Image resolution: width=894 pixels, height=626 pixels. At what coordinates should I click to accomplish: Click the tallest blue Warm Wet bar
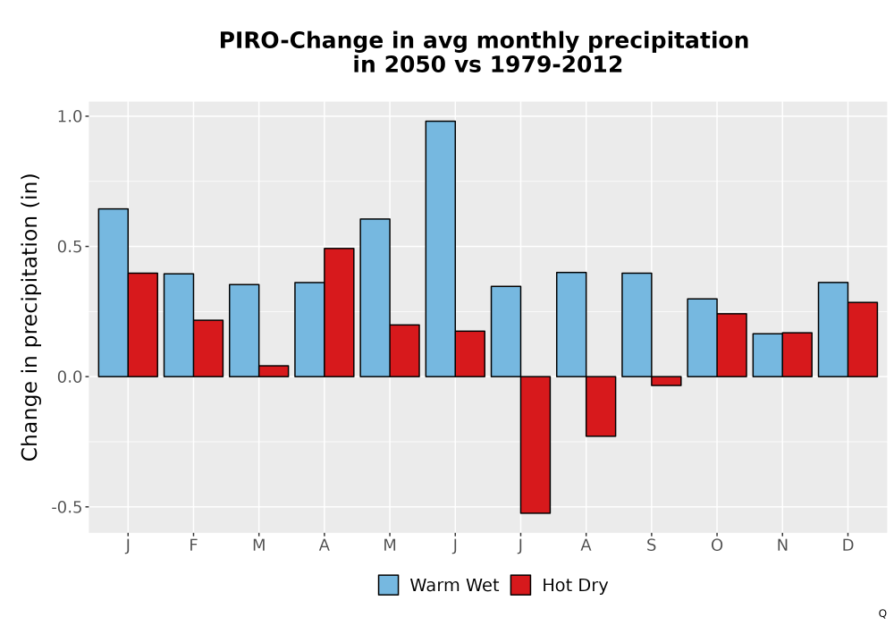(440, 249)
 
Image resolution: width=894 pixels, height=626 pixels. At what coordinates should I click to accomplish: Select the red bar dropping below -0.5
(536, 444)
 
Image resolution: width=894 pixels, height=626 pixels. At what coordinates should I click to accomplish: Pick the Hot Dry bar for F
(208, 349)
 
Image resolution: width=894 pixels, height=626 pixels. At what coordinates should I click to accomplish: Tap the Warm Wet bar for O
(702, 337)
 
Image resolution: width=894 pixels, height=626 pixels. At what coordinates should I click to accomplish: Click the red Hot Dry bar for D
(863, 339)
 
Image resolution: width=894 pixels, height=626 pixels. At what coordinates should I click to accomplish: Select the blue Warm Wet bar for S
(637, 325)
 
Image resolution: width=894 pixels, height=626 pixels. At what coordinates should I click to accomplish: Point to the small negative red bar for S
(666, 381)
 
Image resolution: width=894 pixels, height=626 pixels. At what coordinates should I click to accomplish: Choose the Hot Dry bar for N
(797, 355)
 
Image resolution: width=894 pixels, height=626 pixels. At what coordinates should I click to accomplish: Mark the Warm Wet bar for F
(179, 325)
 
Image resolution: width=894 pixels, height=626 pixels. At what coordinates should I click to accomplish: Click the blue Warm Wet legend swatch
(388, 585)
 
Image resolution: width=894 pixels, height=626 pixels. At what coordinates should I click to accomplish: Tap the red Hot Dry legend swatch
(520, 585)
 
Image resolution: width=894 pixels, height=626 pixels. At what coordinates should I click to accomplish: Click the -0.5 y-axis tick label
(67, 507)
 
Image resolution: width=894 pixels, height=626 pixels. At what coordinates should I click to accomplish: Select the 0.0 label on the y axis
(70, 376)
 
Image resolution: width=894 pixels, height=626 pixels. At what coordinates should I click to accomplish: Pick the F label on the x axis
(193, 546)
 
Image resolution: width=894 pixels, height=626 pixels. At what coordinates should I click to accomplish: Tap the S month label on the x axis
(651, 546)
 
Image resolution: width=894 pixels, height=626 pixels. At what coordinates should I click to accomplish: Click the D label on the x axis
(848, 546)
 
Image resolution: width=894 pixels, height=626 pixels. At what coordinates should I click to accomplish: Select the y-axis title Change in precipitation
(30, 317)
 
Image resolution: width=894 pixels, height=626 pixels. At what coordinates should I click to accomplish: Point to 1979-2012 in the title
(556, 63)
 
